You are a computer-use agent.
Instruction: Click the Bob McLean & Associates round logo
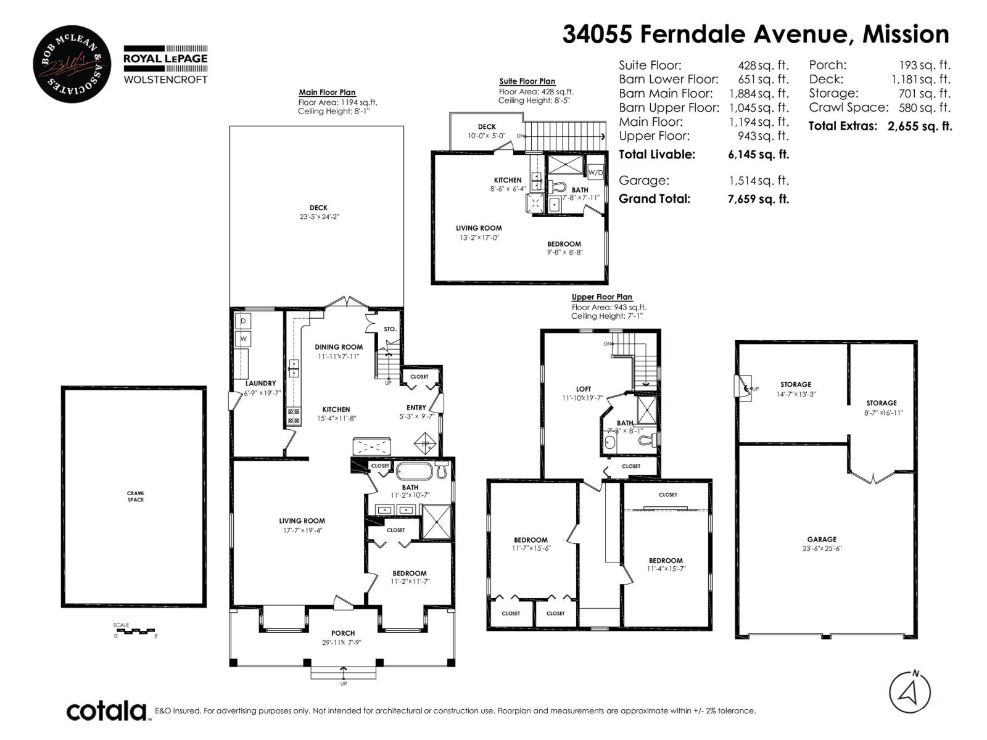72,64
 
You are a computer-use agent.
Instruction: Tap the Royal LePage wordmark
165,59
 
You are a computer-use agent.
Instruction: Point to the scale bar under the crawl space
134,631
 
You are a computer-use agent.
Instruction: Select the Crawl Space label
135,496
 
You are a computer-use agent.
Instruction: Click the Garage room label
822,539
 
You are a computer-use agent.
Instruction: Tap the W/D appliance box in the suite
595,172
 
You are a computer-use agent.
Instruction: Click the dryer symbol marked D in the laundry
243,321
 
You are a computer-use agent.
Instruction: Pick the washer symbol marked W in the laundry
243,339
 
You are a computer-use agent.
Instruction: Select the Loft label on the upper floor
583,388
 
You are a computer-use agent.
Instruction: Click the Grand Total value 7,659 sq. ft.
758,199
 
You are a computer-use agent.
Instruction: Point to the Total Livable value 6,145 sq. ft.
758,155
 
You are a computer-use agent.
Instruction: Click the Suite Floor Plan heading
527,81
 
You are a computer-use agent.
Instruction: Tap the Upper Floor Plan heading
601,297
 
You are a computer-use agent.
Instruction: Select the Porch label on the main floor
343,633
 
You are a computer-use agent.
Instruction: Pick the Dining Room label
339,347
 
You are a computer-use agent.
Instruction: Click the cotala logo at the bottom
107,711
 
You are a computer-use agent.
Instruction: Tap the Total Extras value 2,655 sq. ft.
920,126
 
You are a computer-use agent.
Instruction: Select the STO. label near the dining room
390,329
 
